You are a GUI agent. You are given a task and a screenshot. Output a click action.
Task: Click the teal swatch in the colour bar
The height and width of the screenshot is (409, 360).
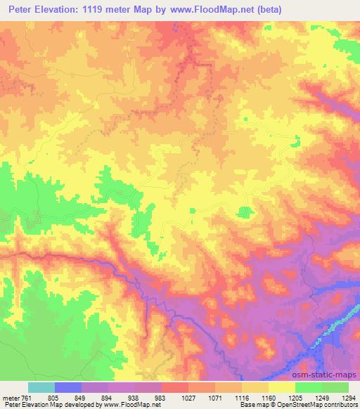(x=41, y=388)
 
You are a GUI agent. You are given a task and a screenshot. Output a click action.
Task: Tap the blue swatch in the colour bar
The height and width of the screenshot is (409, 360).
(x=69, y=388)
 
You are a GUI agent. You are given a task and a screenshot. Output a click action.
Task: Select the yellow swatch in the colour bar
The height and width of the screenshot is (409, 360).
(x=281, y=388)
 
